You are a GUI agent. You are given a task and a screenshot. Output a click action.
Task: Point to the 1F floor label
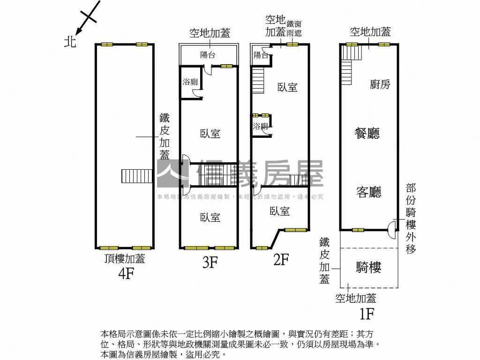367,313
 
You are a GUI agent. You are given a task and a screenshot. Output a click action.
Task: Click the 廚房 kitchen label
380,84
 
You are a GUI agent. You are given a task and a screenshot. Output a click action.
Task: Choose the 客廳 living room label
369,192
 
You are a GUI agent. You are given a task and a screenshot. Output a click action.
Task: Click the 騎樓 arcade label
369,267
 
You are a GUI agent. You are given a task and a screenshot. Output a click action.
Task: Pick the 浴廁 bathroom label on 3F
190,82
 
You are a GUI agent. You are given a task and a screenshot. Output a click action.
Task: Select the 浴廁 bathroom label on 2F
260,126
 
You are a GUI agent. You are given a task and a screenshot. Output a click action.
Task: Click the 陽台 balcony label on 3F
208,55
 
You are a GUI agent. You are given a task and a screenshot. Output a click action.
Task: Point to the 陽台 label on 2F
261,55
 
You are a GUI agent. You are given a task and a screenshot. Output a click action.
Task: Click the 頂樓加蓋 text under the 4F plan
125,259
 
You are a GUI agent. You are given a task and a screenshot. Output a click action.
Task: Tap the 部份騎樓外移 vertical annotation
411,218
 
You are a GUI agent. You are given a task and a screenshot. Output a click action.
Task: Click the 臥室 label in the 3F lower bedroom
210,217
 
